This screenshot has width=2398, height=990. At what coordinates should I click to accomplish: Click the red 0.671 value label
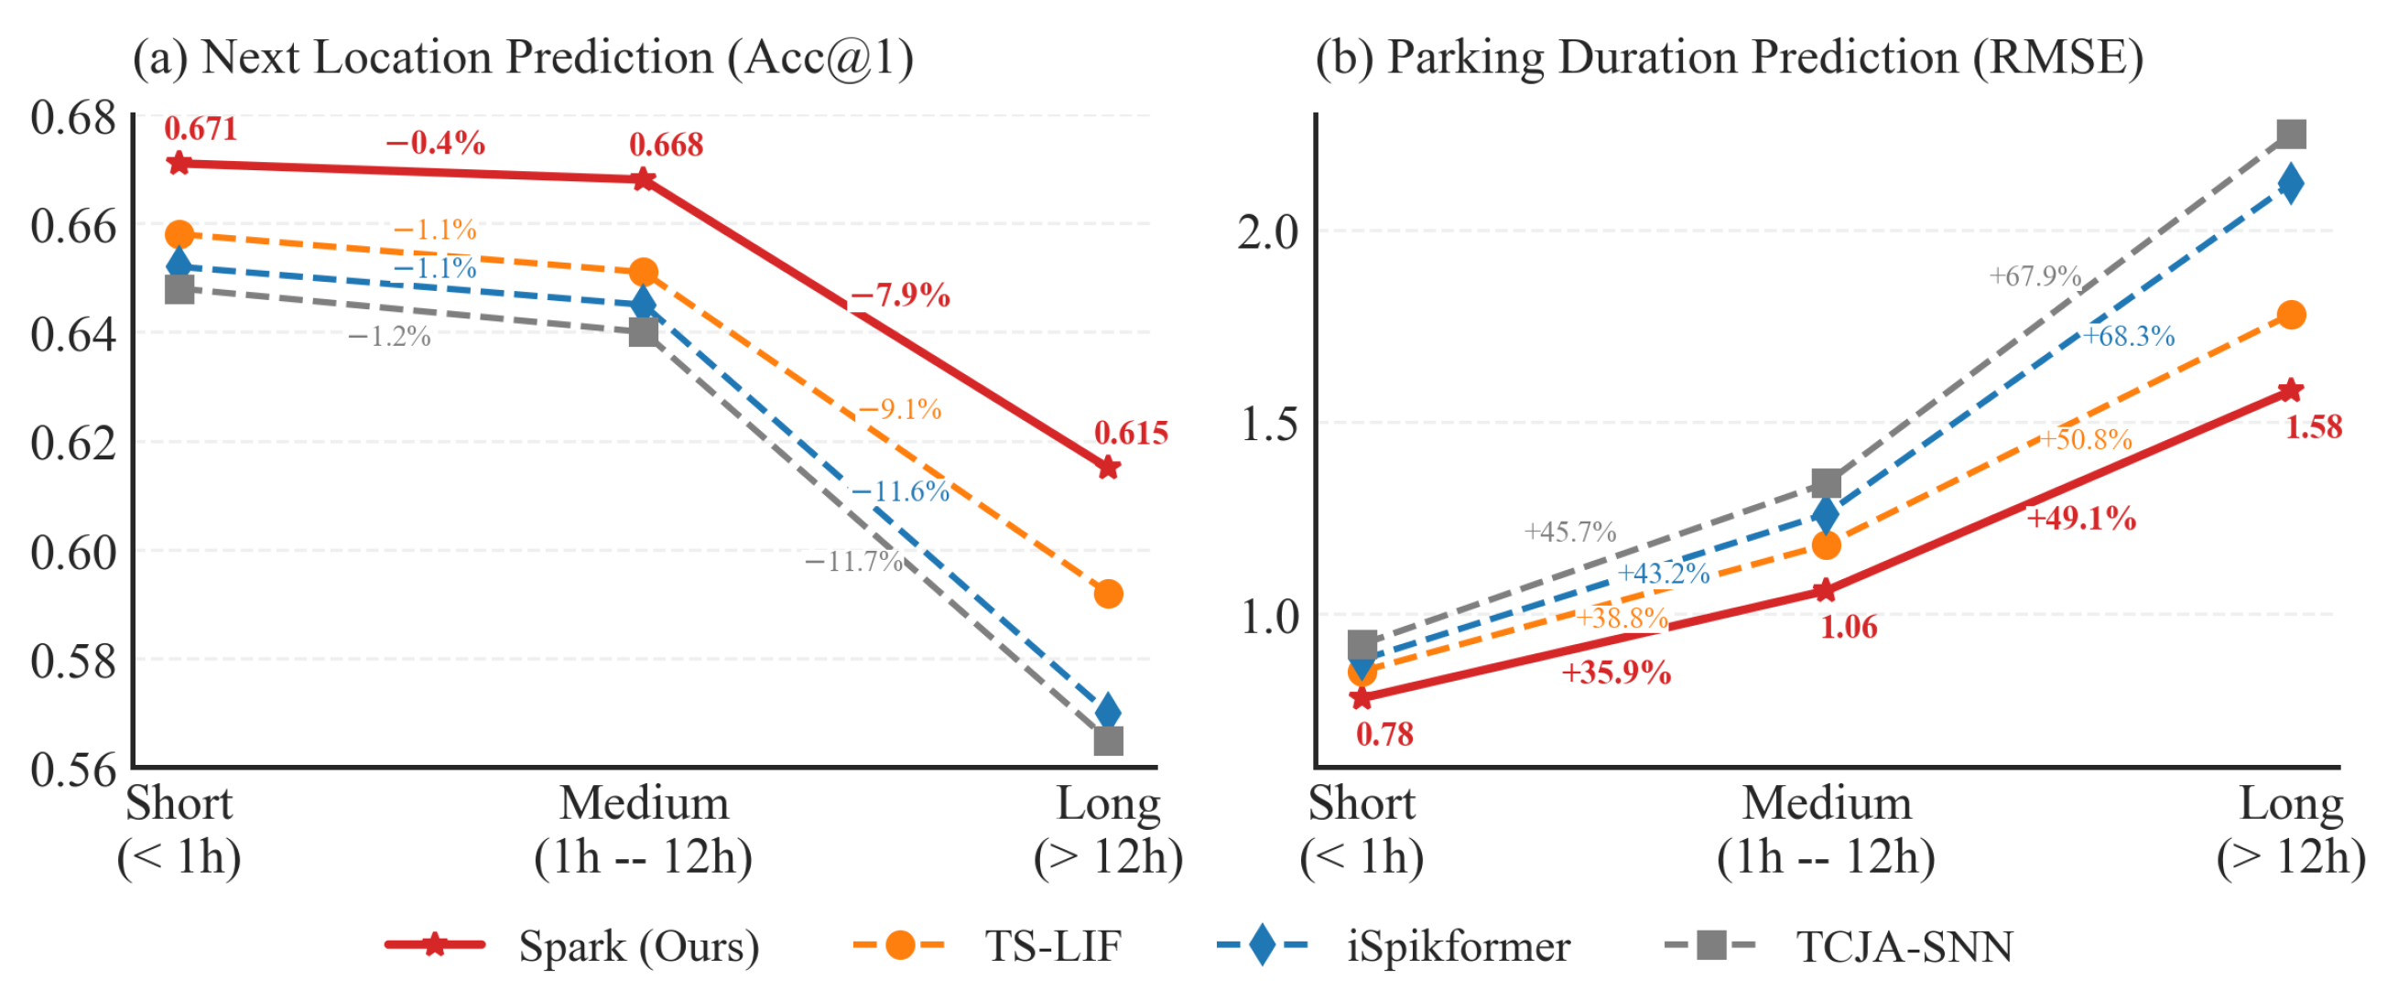pos(201,128)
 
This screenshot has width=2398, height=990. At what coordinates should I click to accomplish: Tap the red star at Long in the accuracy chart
pos(1108,467)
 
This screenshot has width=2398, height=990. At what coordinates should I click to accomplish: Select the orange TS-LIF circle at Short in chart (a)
pos(179,234)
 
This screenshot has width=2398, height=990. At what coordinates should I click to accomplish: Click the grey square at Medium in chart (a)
pos(644,332)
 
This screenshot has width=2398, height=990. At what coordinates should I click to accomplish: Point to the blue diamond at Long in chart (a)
pos(1108,712)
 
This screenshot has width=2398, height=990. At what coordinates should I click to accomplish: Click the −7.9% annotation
pos(900,296)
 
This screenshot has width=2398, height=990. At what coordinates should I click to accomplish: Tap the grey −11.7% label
pos(853,561)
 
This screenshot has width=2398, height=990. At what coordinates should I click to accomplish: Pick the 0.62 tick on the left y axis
pos(73,443)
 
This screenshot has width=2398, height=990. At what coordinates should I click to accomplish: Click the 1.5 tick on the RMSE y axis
pos(1270,425)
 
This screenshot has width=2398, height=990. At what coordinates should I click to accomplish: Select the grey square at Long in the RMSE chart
pos(2291,135)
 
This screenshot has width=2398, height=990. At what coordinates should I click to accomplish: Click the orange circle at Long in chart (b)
pos(2291,316)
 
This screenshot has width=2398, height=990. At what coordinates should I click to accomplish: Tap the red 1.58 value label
pos(2314,427)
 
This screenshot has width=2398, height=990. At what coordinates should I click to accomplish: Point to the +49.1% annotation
pos(2081,518)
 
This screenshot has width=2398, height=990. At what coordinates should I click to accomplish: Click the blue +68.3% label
pos(2129,336)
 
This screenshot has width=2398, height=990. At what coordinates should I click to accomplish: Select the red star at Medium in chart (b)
pos(1826,590)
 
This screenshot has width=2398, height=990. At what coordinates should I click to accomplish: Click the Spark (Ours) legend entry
pos(572,947)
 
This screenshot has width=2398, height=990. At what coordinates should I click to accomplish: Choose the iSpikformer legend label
pos(1459,947)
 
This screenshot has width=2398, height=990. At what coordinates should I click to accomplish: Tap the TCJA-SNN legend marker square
pos(1710,946)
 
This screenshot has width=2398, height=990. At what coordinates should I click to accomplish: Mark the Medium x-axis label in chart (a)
pos(645,804)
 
